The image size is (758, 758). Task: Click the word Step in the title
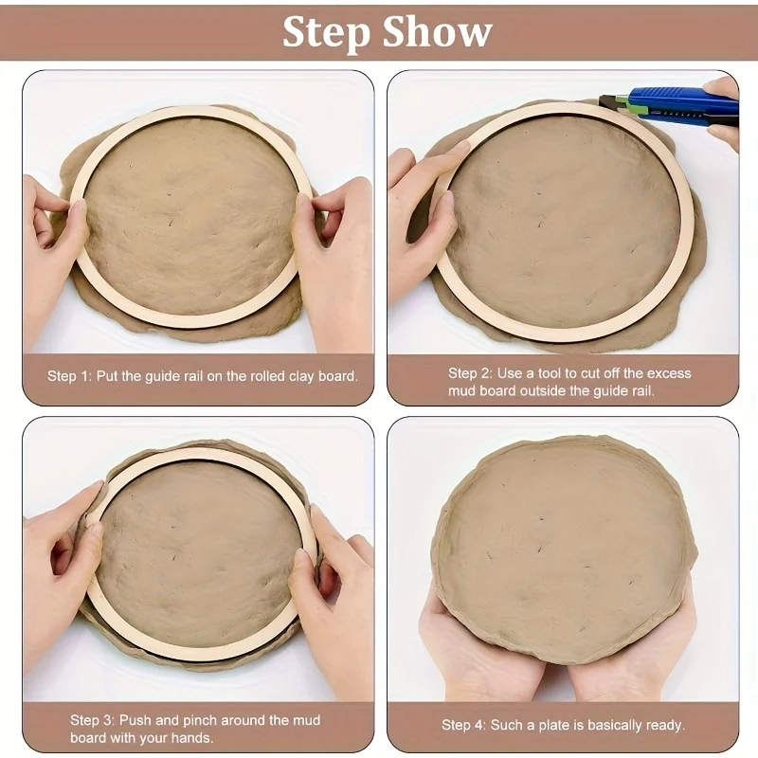tap(326, 33)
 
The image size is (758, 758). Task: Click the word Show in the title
tap(438, 31)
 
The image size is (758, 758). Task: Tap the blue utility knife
tap(672, 107)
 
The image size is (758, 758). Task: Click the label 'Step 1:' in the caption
tap(69, 376)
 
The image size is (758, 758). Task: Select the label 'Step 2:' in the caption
tap(470, 373)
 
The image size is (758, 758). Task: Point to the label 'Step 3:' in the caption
tap(92, 720)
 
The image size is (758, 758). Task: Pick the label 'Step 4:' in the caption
tap(463, 725)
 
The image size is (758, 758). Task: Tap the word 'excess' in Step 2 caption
tap(669, 373)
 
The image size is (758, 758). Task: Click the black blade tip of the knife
tap(607, 102)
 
